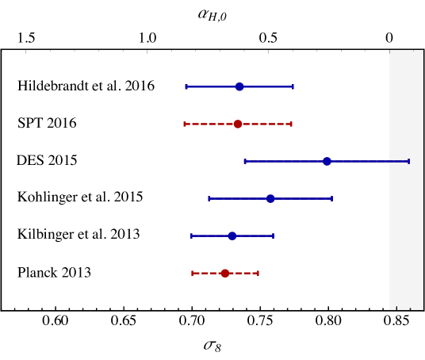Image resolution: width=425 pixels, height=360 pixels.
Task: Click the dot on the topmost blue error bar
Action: tap(239, 86)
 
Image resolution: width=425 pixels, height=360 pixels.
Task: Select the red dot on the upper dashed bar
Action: tap(238, 124)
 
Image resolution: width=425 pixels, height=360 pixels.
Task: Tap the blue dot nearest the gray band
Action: tap(327, 161)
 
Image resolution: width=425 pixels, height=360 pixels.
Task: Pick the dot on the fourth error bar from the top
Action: tap(270, 198)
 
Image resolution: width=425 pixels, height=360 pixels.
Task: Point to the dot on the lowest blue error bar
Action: tap(232, 236)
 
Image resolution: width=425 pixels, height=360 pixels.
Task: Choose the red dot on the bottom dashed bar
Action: tap(225, 273)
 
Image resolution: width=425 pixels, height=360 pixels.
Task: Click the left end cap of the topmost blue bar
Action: tap(186, 86)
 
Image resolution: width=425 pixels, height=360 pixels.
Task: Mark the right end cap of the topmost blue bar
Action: tap(293, 86)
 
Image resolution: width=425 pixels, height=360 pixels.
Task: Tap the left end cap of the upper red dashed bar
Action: tap(185, 124)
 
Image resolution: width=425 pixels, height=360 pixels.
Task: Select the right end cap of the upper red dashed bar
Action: tap(291, 124)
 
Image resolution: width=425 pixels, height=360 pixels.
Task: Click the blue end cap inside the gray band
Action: tap(408, 161)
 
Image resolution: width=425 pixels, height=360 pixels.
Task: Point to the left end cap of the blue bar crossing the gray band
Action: tap(245, 161)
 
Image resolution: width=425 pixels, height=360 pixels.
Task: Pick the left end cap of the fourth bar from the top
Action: tap(209, 198)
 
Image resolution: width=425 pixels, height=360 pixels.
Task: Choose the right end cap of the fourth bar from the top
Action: tap(331, 198)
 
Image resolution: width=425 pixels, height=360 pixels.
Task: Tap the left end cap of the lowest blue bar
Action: tap(191, 236)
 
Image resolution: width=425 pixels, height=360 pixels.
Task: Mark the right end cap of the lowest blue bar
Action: tap(273, 236)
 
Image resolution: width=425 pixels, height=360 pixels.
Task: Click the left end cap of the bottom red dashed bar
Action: tap(192, 273)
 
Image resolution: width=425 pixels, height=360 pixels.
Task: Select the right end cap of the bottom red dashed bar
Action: tap(258, 273)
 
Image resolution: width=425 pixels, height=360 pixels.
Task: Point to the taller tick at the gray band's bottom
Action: tap(396, 308)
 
